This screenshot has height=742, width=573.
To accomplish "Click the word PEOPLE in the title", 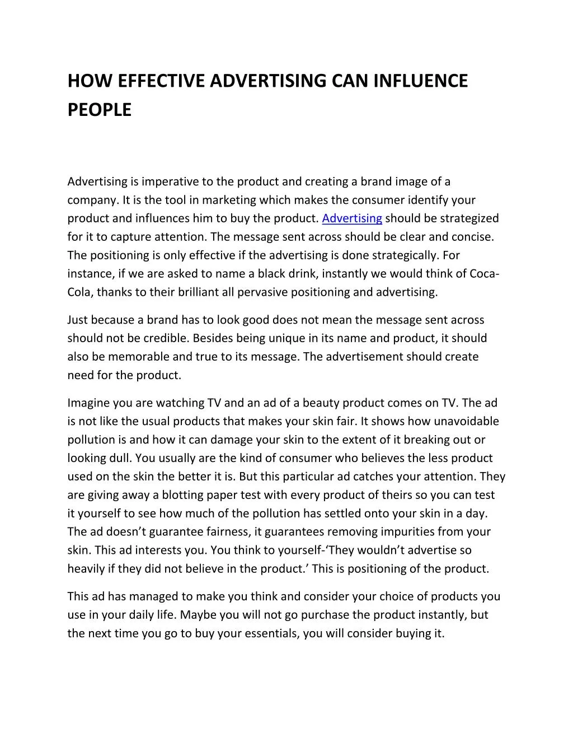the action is pos(100,110).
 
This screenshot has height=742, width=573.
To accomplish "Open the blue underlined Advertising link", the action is pos(352,218).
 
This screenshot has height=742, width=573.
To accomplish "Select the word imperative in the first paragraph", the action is pos(170,181).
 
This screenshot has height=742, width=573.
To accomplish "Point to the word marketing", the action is pos(226,200).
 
